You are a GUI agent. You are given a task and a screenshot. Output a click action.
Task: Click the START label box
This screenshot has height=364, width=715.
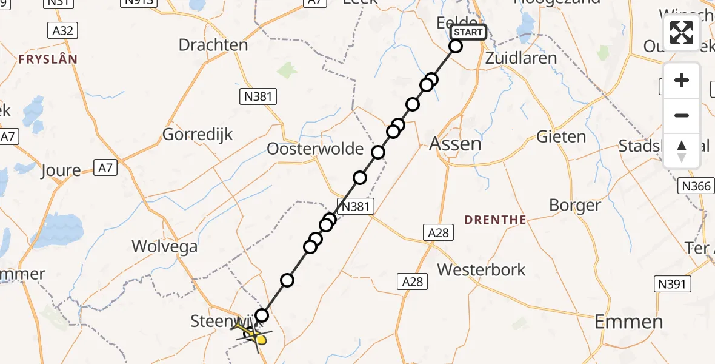(468, 32)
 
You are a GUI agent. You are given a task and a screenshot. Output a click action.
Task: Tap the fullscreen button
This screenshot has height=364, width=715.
(682, 33)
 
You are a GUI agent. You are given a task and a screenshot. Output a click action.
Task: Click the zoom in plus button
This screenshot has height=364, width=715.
(682, 80)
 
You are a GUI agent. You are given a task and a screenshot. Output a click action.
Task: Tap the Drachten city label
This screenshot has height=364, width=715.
(213, 45)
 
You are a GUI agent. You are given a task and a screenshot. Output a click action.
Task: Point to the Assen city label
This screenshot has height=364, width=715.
(455, 144)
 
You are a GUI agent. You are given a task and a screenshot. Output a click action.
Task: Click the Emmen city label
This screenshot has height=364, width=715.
(629, 322)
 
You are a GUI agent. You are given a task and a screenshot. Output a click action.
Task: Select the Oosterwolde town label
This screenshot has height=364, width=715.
(315, 149)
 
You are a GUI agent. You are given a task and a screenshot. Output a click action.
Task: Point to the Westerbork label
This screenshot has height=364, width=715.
(481, 269)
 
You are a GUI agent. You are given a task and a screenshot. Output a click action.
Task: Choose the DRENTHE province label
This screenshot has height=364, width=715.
(495, 220)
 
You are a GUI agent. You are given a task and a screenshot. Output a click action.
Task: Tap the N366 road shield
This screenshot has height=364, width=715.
(696, 186)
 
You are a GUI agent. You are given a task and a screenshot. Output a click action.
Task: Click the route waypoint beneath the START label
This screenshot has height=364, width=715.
(456, 46)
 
